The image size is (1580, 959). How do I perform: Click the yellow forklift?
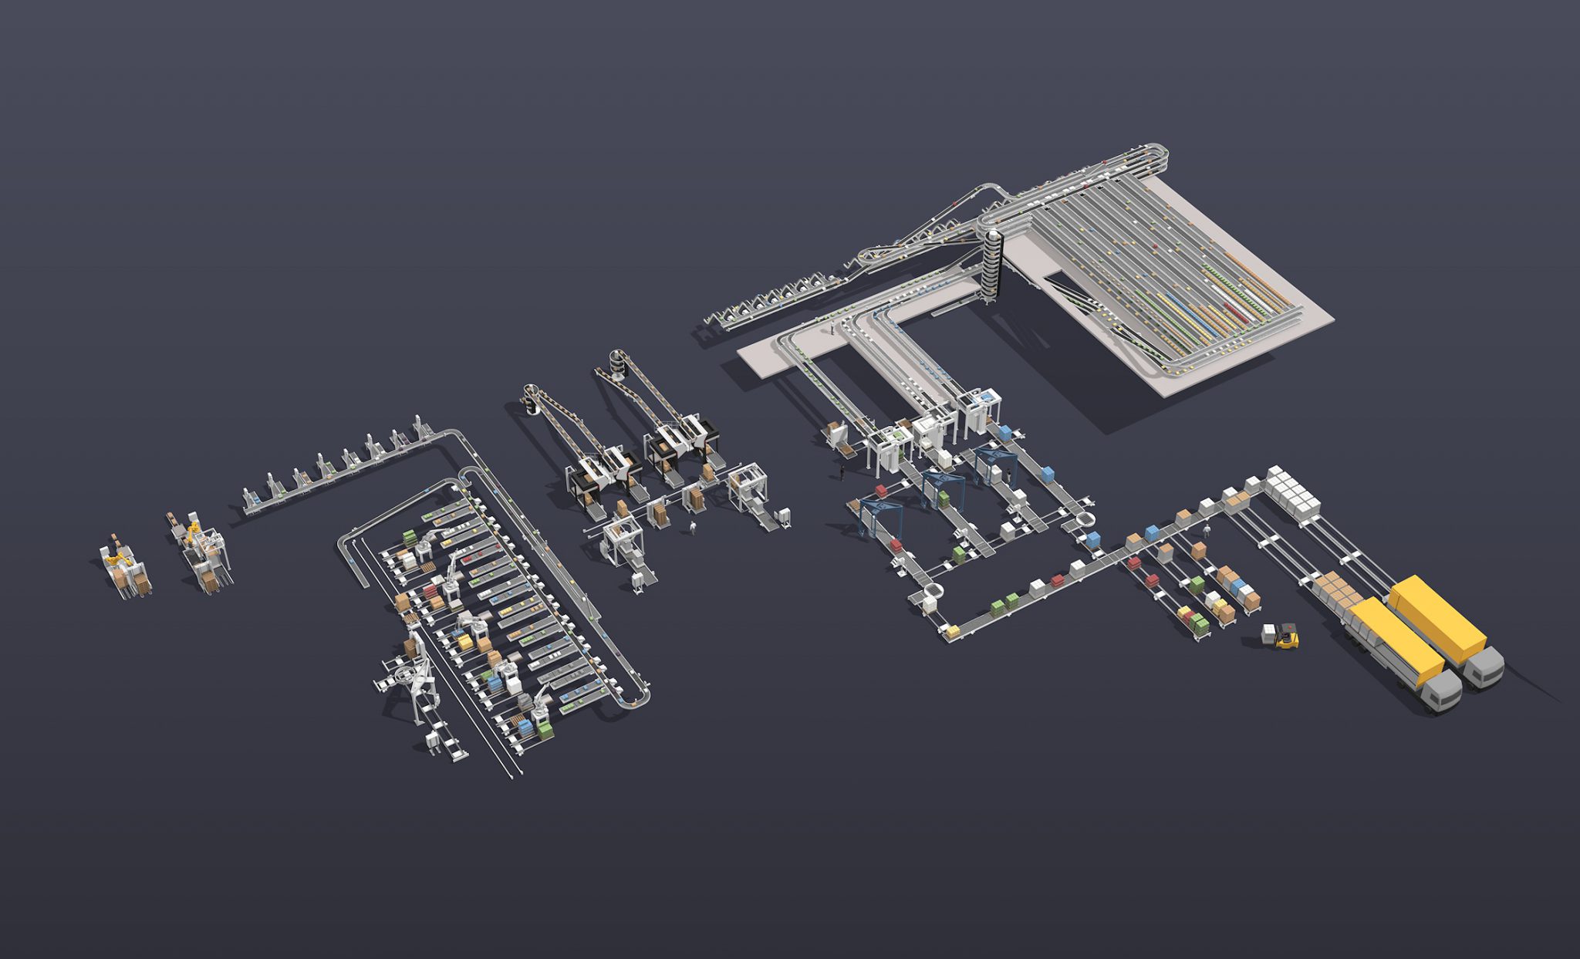[x=1287, y=637]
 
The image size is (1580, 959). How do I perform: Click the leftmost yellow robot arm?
[x=117, y=554]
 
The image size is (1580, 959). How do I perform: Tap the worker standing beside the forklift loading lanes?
[x=1207, y=531]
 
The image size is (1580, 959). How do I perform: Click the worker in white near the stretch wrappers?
[x=693, y=527]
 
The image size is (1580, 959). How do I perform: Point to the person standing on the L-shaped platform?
[x=833, y=329]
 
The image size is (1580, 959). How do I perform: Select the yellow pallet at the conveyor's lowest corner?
[x=952, y=632]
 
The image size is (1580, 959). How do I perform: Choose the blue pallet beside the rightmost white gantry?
[x=1004, y=431]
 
